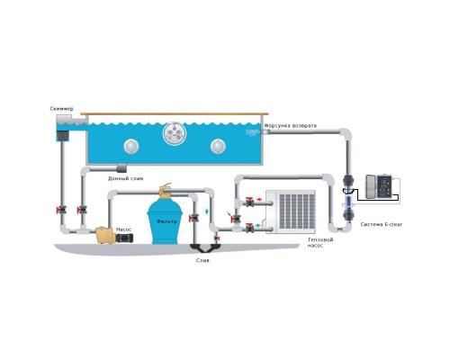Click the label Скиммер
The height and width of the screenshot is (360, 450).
(x=61, y=109)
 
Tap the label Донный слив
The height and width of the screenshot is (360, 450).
(x=125, y=179)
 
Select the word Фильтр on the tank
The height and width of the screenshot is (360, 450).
(x=166, y=221)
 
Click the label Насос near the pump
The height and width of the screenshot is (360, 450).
(x=124, y=229)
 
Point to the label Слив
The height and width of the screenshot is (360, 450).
(x=202, y=260)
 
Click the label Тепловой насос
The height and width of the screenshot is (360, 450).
(x=320, y=242)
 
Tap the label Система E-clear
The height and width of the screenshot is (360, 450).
(x=382, y=224)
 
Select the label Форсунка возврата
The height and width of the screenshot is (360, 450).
(x=291, y=126)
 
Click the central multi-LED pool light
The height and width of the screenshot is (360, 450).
(x=175, y=133)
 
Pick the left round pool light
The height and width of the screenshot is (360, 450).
(x=131, y=147)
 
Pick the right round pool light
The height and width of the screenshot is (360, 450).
(x=218, y=147)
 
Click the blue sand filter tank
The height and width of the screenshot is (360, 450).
(x=165, y=221)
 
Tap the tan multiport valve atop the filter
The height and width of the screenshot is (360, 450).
(x=165, y=191)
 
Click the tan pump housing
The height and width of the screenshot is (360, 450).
(x=105, y=235)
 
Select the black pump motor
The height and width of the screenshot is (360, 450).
(x=124, y=238)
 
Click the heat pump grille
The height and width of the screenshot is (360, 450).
(x=296, y=211)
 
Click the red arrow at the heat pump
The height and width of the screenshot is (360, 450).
(x=259, y=199)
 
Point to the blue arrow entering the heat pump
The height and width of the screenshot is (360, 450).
(x=257, y=225)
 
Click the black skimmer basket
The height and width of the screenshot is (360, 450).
(x=63, y=137)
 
